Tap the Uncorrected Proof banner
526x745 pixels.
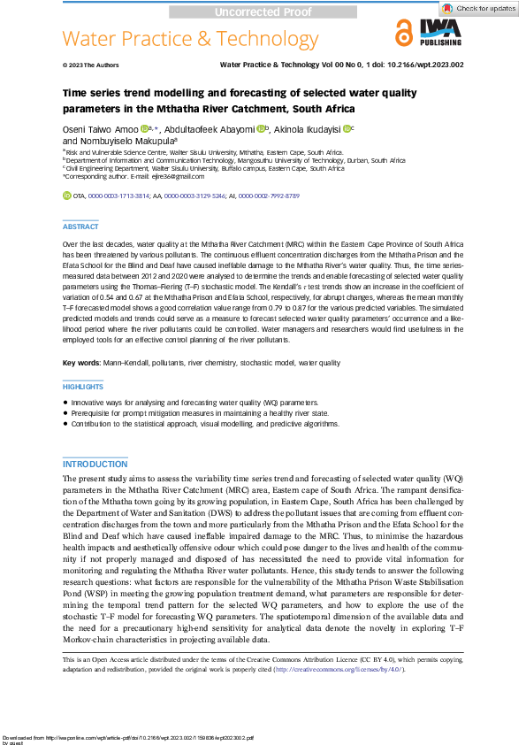[263, 12]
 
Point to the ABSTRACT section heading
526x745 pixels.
[80, 227]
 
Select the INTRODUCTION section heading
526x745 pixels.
[95, 465]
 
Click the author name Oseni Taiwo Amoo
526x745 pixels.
[100, 129]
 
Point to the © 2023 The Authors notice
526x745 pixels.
[91, 65]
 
